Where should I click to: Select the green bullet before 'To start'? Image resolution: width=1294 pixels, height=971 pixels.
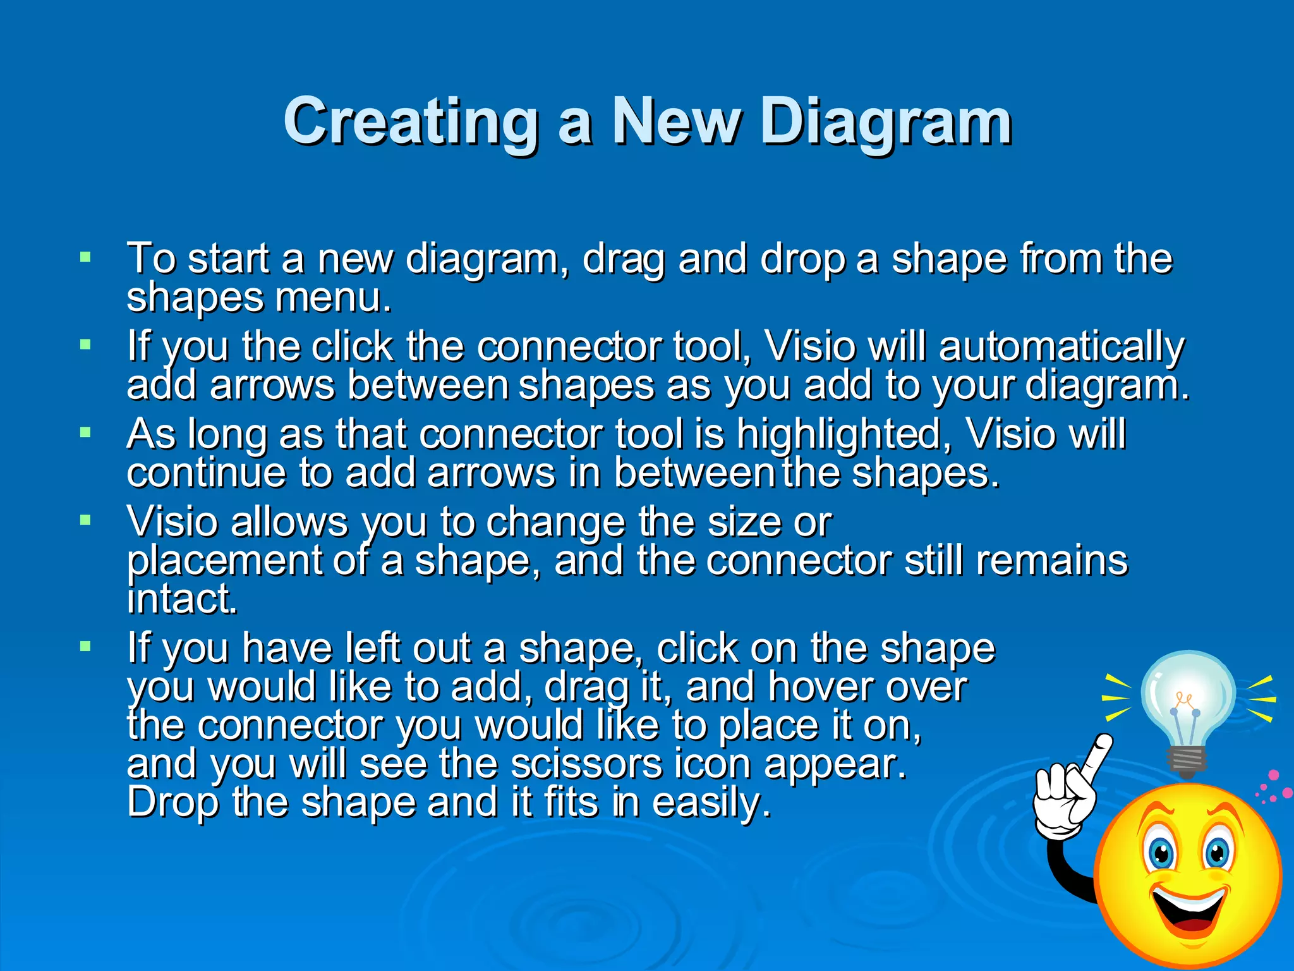coord(85,257)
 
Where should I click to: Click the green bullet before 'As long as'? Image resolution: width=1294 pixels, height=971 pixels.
coord(85,433)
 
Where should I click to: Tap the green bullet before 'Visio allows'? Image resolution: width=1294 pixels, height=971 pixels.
coord(85,520)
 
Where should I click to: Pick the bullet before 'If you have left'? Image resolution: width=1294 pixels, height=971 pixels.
coord(85,647)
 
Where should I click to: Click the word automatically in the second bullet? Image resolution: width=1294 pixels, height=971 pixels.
coord(1061,348)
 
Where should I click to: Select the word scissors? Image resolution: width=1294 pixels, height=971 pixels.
coord(586,764)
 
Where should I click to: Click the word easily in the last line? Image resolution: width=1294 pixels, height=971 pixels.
coord(711,802)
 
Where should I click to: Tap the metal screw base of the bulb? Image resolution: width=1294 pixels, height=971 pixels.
coord(1187,762)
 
